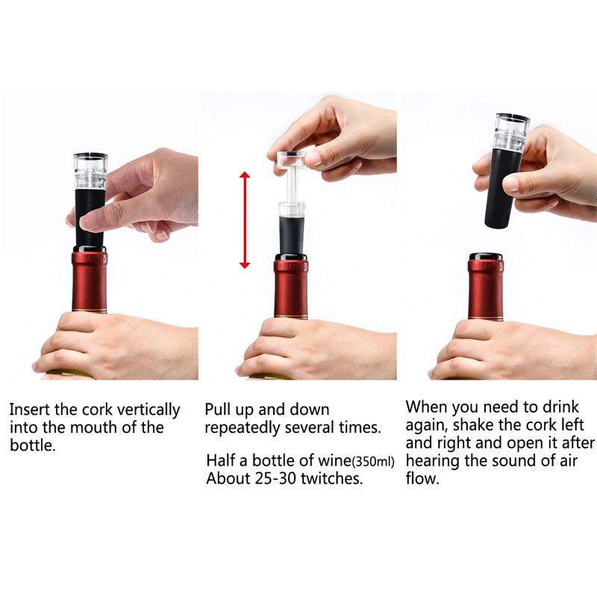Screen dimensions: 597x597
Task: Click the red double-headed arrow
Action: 245,219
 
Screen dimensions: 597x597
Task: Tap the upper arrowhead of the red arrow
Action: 245,175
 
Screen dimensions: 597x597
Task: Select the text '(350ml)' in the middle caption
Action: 373,461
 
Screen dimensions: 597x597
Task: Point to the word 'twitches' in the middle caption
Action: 331,478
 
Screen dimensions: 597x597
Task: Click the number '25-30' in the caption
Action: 276,478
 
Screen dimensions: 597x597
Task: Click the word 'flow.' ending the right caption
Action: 422,478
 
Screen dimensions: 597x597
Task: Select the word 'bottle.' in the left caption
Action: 33,445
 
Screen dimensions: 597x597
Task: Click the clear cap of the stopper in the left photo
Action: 90,171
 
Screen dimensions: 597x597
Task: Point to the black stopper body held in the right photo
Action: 502,189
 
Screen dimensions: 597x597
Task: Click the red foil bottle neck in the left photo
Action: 90,282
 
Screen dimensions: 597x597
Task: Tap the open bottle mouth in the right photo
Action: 486,256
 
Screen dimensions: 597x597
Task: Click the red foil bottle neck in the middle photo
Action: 291,287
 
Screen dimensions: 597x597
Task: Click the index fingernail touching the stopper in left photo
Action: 87,222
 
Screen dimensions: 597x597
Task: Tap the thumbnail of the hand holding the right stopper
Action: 511,184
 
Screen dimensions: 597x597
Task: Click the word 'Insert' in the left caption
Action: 30,410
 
